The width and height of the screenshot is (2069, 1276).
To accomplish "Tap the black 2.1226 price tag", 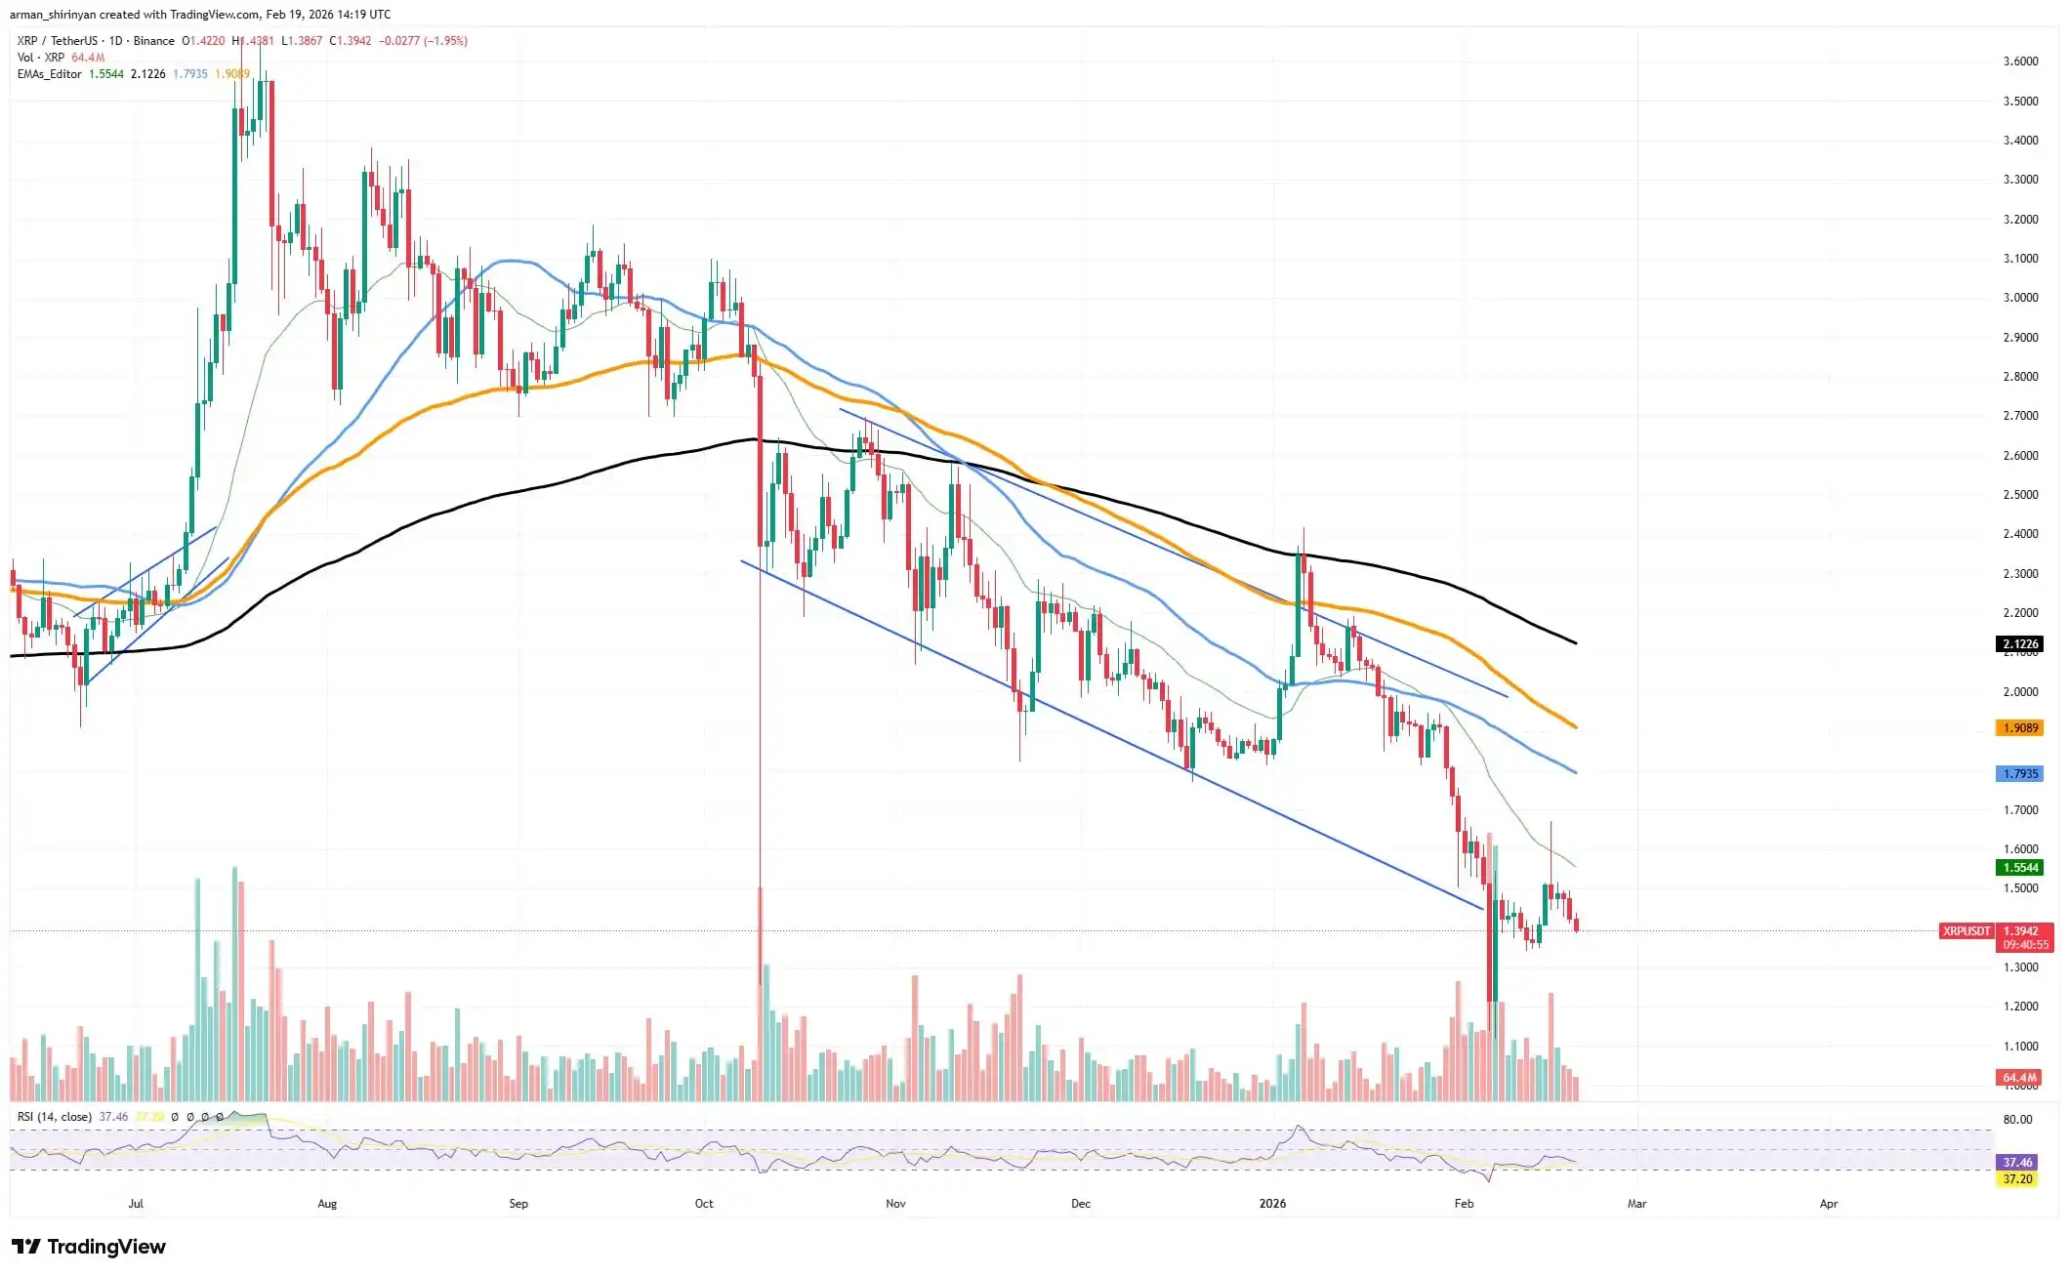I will (2019, 643).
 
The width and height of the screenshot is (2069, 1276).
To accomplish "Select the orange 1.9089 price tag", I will (2019, 727).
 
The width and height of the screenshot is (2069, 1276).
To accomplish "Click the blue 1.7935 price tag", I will (2019, 773).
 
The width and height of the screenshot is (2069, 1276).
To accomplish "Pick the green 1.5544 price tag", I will (2019, 867).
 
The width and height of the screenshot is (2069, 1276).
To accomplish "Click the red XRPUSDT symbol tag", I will (1966, 931).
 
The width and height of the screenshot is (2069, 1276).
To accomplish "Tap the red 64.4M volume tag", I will (2019, 1078).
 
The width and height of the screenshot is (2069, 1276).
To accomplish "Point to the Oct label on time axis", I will (704, 1204).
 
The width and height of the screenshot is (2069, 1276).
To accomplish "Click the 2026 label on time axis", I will (1272, 1204).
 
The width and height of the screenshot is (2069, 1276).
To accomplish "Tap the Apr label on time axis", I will (1828, 1204).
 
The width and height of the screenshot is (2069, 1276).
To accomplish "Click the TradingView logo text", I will (105, 1247).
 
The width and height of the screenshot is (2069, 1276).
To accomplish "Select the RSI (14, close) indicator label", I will (55, 1117).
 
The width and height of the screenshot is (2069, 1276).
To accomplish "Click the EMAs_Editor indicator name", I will (49, 74).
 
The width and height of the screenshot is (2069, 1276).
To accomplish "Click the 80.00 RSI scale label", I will (2017, 1119).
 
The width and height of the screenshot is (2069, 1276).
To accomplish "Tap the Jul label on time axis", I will (136, 1204).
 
